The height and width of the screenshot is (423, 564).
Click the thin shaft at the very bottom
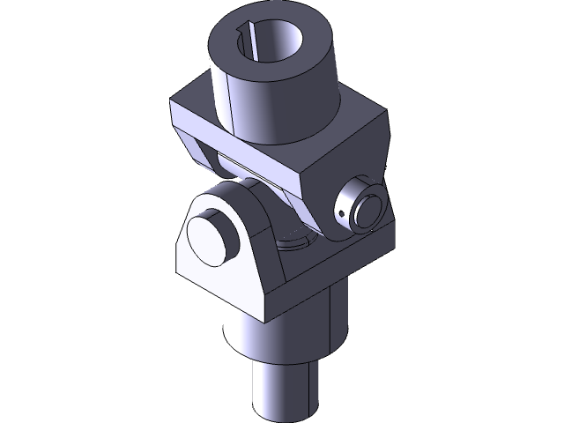(x=282, y=388)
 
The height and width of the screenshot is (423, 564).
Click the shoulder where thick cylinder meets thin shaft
(x=282, y=360)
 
